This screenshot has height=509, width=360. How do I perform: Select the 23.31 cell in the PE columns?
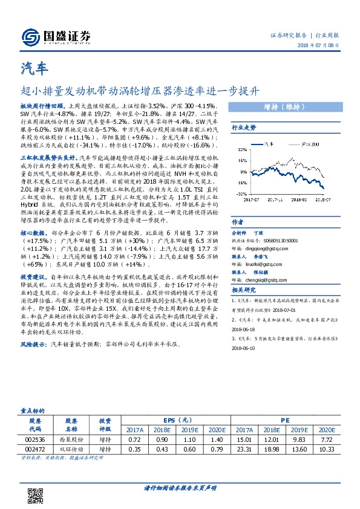pyautogui.click(x=246, y=451)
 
